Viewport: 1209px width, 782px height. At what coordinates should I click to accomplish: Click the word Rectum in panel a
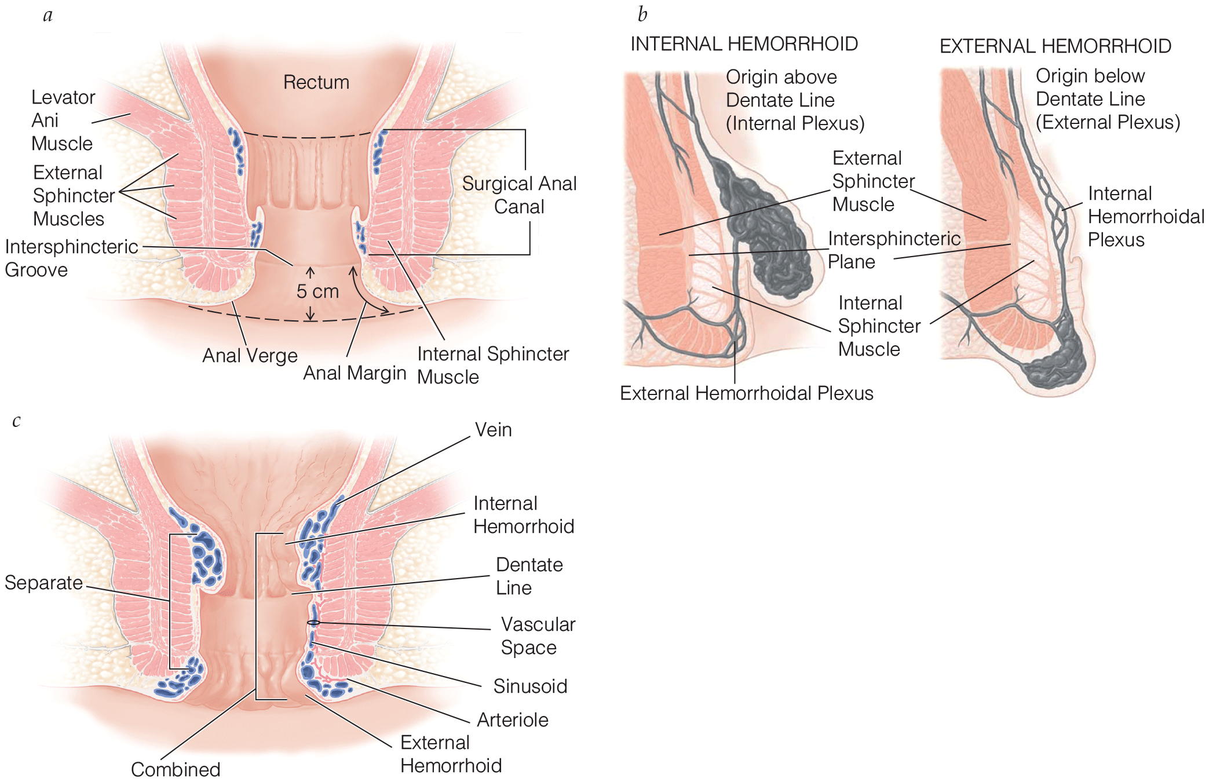316,82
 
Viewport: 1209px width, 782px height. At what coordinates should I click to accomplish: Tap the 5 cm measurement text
317,291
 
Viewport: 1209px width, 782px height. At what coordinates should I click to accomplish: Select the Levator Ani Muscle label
63,120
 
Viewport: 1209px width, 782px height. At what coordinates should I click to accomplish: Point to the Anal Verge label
250,355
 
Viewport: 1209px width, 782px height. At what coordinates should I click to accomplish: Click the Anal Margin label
355,373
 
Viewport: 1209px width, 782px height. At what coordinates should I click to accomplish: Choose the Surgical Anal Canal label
519,195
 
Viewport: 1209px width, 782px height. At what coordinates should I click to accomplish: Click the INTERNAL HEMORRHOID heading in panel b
744,44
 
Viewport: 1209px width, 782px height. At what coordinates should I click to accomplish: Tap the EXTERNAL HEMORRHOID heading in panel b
1055,46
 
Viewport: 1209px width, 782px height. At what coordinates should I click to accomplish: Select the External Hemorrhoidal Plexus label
746,393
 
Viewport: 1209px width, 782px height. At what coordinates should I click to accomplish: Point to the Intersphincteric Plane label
893,250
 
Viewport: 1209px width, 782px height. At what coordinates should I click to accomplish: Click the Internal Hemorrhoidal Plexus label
1145,217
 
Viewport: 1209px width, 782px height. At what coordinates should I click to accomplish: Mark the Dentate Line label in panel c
529,576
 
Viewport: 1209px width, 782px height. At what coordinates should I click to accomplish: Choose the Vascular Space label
538,636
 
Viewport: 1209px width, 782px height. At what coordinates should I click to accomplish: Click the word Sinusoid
530,686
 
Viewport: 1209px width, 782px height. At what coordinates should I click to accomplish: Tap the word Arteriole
513,720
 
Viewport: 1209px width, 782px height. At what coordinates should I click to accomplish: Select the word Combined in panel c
176,769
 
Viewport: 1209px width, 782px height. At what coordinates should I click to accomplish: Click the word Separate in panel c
43,583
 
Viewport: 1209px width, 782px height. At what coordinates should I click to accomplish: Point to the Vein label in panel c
493,430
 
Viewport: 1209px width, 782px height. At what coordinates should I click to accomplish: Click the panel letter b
642,14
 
